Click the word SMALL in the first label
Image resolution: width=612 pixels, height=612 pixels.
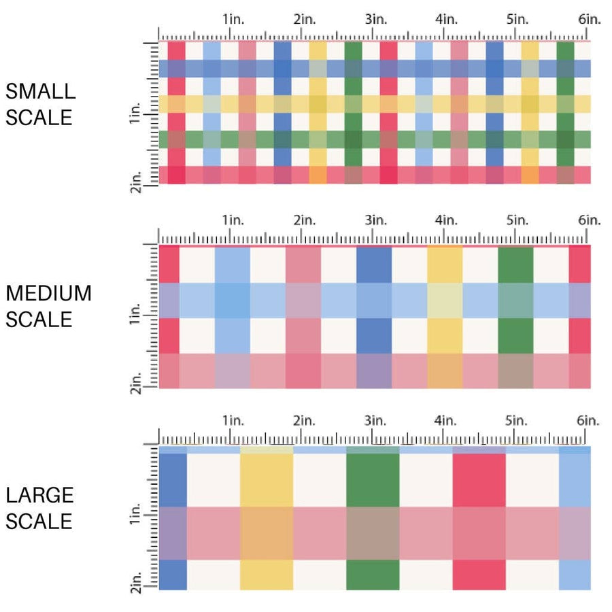pyautogui.click(x=40, y=91)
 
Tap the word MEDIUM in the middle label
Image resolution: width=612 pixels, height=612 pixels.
pyautogui.click(x=48, y=293)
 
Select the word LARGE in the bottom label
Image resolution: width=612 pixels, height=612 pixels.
pyautogui.click(x=39, y=495)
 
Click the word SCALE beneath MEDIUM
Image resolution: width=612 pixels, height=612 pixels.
pyautogui.click(x=39, y=319)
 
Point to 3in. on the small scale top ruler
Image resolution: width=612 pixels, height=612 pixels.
pyautogui.click(x=375, y=20)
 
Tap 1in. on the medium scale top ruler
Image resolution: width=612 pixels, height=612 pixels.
pyautogui.click(x=233, y=220)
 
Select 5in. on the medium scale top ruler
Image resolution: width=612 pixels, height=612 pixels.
pyautogui.click(x=517, y=220)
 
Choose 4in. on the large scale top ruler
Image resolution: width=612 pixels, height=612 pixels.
pyautogui.click(x=445, y=421)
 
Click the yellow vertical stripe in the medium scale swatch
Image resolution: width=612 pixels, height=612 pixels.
pyautogui.click(x=445, y=265)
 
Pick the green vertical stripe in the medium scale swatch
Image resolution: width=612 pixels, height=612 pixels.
pyautogui.click(x=515, y=265)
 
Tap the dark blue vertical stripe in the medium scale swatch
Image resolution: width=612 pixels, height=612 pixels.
pyautogui.click(x=374, y=265)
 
